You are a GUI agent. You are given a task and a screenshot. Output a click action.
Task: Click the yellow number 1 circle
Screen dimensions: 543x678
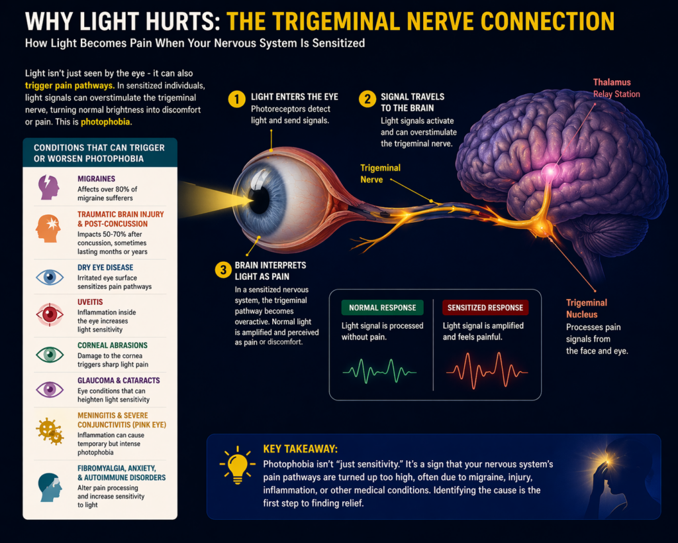click(236, 99)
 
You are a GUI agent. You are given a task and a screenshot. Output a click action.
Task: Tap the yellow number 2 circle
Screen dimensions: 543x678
click(367, 99)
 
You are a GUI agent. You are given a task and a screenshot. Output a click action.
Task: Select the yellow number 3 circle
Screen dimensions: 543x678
click(222, 270)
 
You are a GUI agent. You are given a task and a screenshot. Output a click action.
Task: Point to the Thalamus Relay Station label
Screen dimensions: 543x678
click(616, 88)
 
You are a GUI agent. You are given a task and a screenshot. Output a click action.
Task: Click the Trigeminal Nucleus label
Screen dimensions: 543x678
click(586, 308)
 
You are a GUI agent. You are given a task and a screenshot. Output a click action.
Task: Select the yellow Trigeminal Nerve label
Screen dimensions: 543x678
click(380, 174)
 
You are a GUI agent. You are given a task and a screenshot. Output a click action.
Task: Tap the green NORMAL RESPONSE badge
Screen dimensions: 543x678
click(383, 308)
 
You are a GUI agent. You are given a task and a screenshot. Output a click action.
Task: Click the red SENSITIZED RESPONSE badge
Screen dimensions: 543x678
click(485, 308)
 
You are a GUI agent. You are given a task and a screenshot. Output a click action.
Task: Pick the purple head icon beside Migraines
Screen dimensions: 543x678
click(49, 187)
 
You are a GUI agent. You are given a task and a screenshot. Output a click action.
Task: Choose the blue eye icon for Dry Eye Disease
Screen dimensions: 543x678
click(49, 276)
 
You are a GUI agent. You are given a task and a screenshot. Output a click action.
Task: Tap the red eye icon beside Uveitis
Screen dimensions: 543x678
click(49, 314)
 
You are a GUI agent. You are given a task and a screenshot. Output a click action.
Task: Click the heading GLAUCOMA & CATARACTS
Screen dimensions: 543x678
click(119, 381)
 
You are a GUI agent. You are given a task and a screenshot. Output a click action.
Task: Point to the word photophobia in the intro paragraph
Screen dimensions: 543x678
click(107, 122)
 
